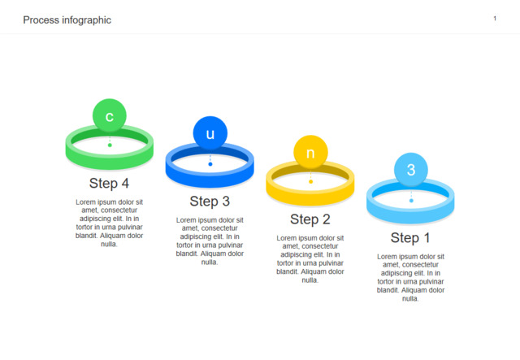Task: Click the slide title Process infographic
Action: click(x=67, y=20)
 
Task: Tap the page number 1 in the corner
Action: click(x=495, y=19)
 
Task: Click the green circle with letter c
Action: click(x=110, y=115)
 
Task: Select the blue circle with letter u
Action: click(x=210, y=133)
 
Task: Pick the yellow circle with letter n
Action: click(x=310, y=152)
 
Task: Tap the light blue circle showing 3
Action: click(x=411, y=170)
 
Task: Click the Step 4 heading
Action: click(x=109, y=183)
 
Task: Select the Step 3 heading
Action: click(x=210, y=201)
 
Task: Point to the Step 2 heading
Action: click(x=310, y=219)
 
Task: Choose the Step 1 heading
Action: click(x=410, y=237)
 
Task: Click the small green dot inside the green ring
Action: click(x=110, y=145)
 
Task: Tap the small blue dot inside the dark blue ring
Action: click(x=210, y=164)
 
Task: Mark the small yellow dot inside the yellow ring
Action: click(x=310, y=181)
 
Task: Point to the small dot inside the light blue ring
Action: click(x=411, y=201)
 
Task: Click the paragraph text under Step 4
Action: click(x=109, y=223)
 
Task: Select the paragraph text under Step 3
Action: click(x=210, y=241)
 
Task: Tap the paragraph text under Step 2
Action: click(x=310, y=259)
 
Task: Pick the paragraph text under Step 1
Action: click(x=410, y=277)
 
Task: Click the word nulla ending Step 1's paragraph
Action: click(x=409, y=298)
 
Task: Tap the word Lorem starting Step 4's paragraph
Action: click(x=85, y=202)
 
